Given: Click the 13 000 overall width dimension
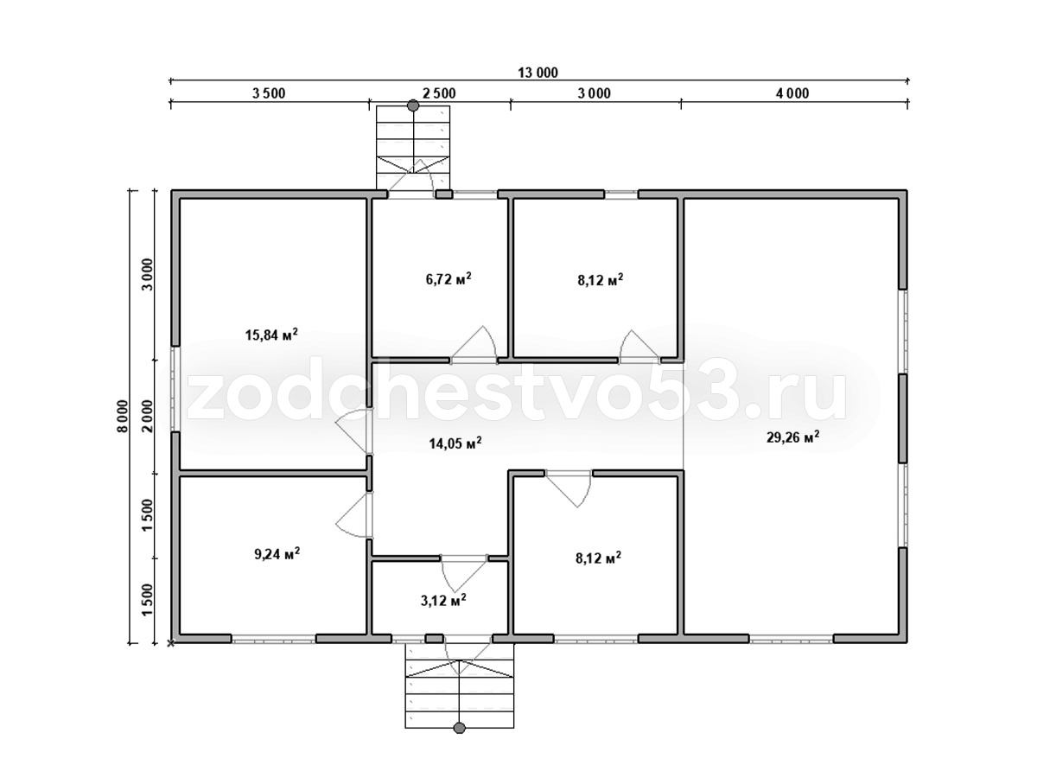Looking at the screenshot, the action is click(x=538, y=73).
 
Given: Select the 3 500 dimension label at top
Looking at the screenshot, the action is click(x=269, y=93).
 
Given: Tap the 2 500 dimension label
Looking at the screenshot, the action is click(x=439, y=93).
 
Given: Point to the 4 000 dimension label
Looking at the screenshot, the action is click(x=792, y=93).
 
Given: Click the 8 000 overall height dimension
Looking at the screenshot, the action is click(x=123, y=416).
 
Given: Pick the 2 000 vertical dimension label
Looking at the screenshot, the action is click(x=148, y=416).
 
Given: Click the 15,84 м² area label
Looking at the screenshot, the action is click(x=271, y=335).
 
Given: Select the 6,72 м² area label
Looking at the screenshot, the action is click(x=449, y=278).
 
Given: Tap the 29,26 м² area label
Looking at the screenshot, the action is click(x=792, y=437).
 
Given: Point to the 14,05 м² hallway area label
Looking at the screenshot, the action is click(x=455, y=443).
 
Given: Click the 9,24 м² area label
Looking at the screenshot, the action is click(x=277, y=553).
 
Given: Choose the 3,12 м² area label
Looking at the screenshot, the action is click(x=443, y=600).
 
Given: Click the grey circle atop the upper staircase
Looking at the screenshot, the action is click(x=413, y=105).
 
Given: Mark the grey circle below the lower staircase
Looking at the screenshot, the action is click(x=459, y=728).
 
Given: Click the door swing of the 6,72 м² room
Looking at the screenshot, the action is click(x=474, y=344).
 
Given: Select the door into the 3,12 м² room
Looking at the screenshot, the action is click(x=463, y=575).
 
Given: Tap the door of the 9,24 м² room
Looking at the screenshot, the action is click(x=354, y=515).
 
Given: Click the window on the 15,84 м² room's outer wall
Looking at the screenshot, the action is click(x=175, y=389).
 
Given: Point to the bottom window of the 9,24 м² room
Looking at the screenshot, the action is click(x=274, y=639).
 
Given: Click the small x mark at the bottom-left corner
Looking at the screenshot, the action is click(x=171, y=643).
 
